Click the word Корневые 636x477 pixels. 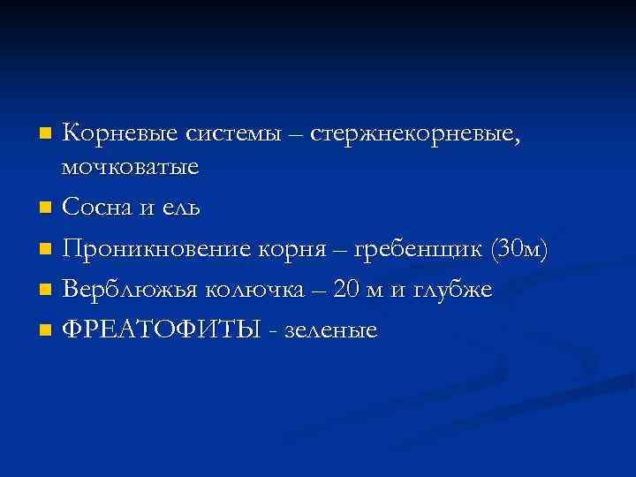pyautogui.click(x=121, y=134)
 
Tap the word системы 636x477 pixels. pyautogui.click(x=231, y=134)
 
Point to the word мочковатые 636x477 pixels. pyautogui.click(x=130, y=166)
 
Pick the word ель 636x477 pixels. pyautogui.click(x=182, y=208)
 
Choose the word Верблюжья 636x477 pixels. pyautogui.click(x=130, y=290)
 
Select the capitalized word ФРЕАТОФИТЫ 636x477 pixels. pyautogui.click(x=162, y=330)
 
